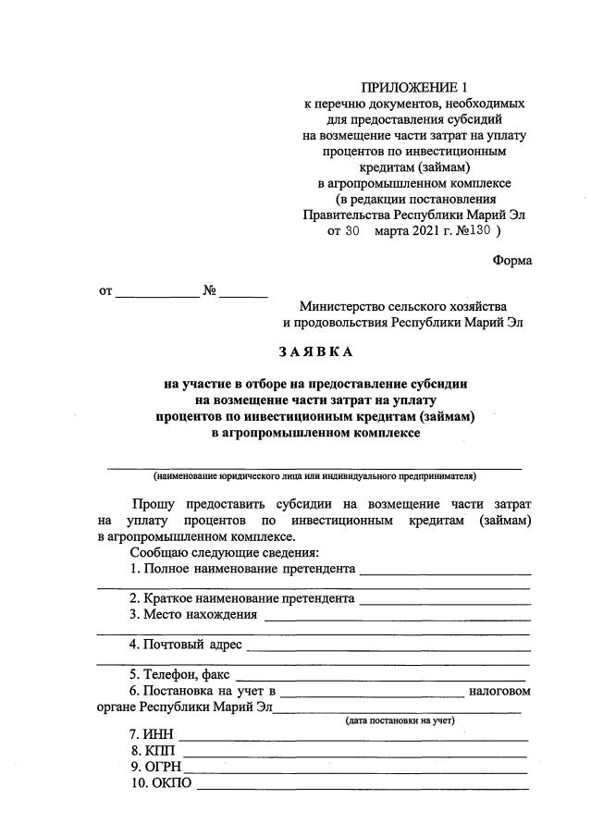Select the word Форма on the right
tap(511, 260)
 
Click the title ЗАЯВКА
tap(315, 352)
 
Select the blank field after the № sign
tap(243, 294)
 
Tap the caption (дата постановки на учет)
tap(400, 720)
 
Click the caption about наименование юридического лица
tap(314, 477)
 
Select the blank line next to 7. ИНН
tap(353, 737)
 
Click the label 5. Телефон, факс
tap(179, 674)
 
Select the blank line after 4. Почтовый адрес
tap(388, 646)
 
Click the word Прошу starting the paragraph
tap(153, 505)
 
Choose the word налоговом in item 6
tap(499, 691)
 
